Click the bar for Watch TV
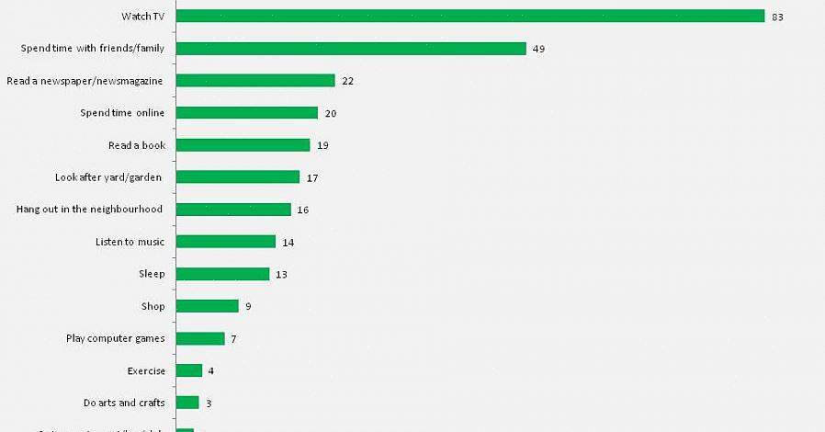point(469,17)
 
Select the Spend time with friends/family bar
point(350,49)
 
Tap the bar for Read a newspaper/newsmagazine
point(254,81)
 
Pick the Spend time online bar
point(246,113)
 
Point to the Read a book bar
point(243,145)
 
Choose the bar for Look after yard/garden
point(237,177)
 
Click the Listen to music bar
point(225,242)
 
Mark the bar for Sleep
point(222,274)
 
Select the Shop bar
point(207,306)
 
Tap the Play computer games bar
point(199,338)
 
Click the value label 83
point(777,17)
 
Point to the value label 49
point(538,49)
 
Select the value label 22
point(347,81)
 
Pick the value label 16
point(302,210)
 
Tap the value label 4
point(211,370)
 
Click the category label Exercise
point(146,370)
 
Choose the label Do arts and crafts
point(123,403)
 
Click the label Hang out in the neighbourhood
point(89,210)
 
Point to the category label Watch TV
point(142,17)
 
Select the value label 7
point(233,338)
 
